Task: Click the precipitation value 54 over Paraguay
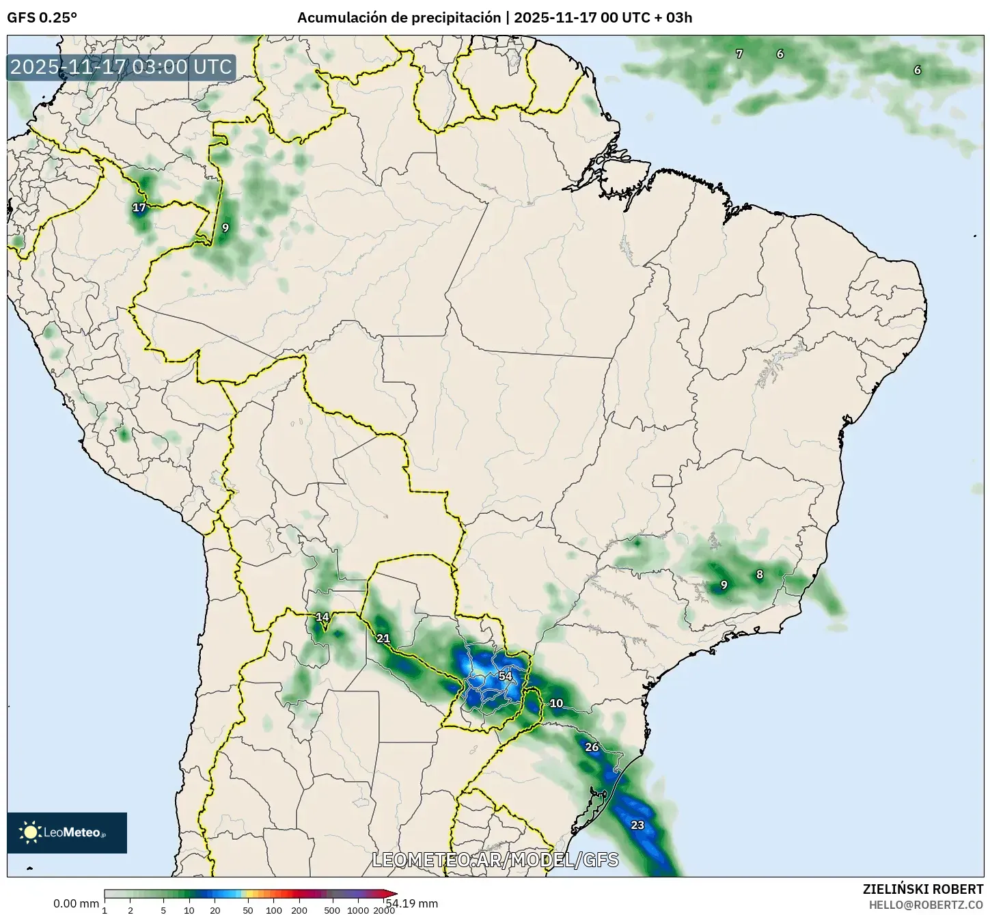[505, 676]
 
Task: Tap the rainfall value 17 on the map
[139, 207]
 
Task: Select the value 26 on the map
[592, 747]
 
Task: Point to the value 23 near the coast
[637, 825]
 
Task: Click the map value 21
[383, 638]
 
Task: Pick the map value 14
[322, 617]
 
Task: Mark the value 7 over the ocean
[739, 53]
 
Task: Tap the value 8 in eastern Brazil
[760, 575]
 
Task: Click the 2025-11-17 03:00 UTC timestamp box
[122, 67]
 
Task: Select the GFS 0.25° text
[42, 18]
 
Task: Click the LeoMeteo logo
[67, 832]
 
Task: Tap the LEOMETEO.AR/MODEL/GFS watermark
[495, 860]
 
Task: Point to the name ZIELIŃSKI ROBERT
[923, 889]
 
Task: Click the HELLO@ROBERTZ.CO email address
[926, 905]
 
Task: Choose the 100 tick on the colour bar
[274, 910]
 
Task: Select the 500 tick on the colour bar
[332, 910]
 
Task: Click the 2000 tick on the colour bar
[384, 910]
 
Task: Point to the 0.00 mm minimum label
[76, 903]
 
